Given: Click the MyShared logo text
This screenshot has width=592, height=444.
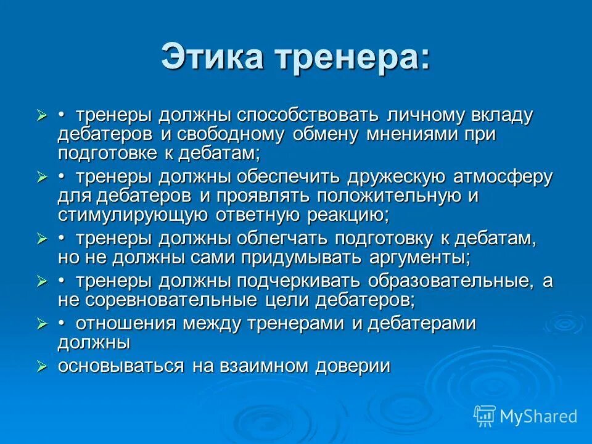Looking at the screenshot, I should tap(538, 416).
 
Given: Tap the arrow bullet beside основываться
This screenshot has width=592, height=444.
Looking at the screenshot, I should tap(42, 366).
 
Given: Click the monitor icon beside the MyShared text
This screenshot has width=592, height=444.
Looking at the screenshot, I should tap(485, 416).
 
